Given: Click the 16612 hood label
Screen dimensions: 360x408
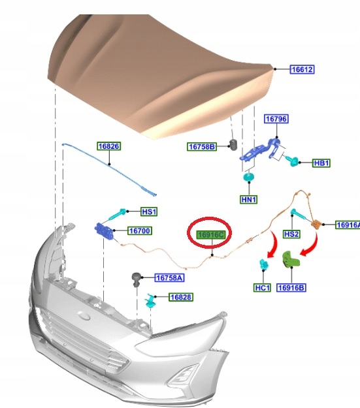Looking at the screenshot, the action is [302, 69].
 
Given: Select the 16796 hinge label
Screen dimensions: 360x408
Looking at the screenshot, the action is [276, 119].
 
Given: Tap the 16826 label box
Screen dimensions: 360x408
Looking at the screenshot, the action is [109, 146].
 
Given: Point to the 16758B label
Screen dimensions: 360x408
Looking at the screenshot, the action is [202, 147].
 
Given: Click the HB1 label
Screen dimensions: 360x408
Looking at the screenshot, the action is [321, 163].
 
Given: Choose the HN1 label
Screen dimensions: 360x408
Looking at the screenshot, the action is [249, 200].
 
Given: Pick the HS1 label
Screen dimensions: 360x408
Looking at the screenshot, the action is [149, 212].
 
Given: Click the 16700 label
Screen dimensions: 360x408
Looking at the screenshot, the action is [140, 231].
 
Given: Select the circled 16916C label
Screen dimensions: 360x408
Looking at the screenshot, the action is [211, 235].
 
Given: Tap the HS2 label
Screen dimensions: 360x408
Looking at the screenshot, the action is [291, 234].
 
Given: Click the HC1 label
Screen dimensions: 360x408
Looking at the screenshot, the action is [262, 287].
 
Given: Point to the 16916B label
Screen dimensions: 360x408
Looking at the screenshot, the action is [291, 287].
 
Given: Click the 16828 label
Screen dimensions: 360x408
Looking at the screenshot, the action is [181, 297].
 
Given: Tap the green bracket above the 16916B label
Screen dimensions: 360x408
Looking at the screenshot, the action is [290, 259].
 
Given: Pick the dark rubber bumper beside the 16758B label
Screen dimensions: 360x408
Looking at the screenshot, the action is [233, 145].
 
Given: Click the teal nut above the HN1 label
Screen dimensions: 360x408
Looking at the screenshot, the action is [249, 177].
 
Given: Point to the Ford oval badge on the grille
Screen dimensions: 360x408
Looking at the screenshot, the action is [85, 316].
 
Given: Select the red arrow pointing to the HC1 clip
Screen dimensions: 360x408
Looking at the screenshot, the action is [274, 245].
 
